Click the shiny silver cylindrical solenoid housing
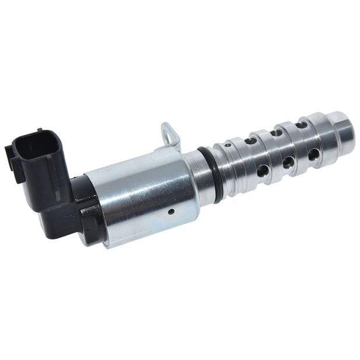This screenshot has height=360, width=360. (x=140, y=193)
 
